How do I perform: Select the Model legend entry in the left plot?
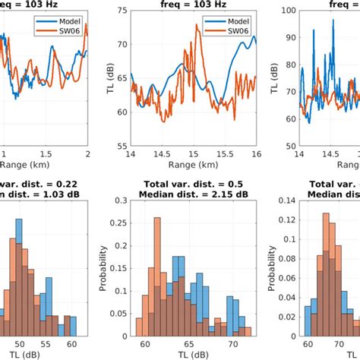(61, 21)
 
